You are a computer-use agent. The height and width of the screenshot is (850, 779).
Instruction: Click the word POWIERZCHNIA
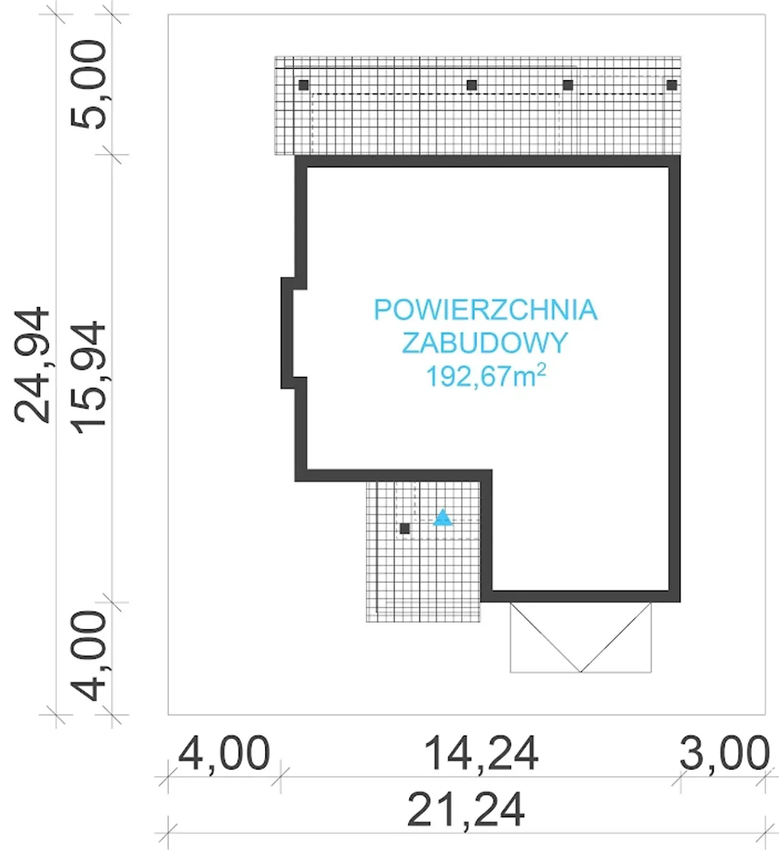(486, 309)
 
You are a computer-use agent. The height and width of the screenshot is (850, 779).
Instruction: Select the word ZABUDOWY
(485, 343)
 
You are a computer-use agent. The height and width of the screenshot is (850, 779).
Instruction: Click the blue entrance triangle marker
(442, 517)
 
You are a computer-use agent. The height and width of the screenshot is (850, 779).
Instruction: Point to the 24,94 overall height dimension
(32, 364)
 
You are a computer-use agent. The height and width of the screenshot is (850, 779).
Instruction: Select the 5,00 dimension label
(88, 85)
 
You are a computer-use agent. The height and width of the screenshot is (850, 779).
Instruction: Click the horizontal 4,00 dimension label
(223, 753)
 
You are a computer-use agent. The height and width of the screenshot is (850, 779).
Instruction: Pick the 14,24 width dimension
(481, 753)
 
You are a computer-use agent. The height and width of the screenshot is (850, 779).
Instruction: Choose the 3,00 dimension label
(724, 753)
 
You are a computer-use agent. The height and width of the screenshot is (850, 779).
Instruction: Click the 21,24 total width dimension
(466, 810)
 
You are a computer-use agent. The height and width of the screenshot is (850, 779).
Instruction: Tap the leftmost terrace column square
(303, 85)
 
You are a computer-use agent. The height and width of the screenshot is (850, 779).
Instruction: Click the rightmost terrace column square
(672, 85)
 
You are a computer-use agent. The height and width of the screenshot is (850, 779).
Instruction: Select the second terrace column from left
(472, 85)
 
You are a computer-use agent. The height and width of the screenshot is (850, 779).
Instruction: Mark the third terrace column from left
(568, 85)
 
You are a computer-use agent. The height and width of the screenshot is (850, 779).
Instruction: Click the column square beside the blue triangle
(405, 528)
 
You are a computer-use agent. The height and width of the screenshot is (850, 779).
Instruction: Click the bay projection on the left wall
(287, 333)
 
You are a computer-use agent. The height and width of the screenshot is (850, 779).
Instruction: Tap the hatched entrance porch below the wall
(423, 551)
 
